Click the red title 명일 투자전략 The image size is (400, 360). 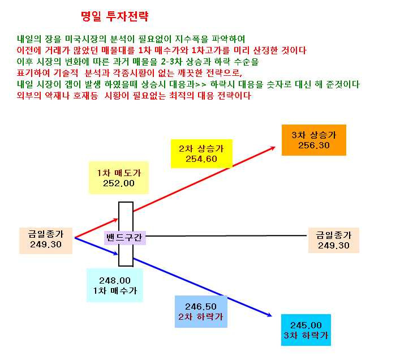click(x=114, y=16)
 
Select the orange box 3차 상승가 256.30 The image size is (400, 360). click(x=314, y=140)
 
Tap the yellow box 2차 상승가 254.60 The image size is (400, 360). click(x=201, y=153)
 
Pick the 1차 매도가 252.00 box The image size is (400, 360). click(x=119, y=178)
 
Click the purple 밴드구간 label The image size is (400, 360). click(x=124, y=238)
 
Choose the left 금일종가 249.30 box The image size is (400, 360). click(x=46, y=241)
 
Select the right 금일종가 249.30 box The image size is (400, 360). click(x=334, y=240)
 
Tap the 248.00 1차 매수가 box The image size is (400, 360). click(x=115, y=285)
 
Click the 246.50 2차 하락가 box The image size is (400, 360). click(x=201, y=311)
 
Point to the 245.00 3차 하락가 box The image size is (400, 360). click(x=306, y=330)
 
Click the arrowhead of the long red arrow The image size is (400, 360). click(x=276, y=147)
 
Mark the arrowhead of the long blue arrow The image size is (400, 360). click(x=272, y=316)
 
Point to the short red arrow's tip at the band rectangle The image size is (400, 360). click(x=118, y=219)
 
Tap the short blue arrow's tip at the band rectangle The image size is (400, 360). click(x=118, y=254)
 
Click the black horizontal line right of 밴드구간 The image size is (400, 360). click(x=226, y=235)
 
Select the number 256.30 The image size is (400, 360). click(x=314, y=145)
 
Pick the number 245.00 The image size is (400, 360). click(x=306, y=325)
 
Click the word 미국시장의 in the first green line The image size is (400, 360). click(x=86, y=39)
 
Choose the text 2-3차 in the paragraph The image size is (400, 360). click(x=171, y=62)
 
